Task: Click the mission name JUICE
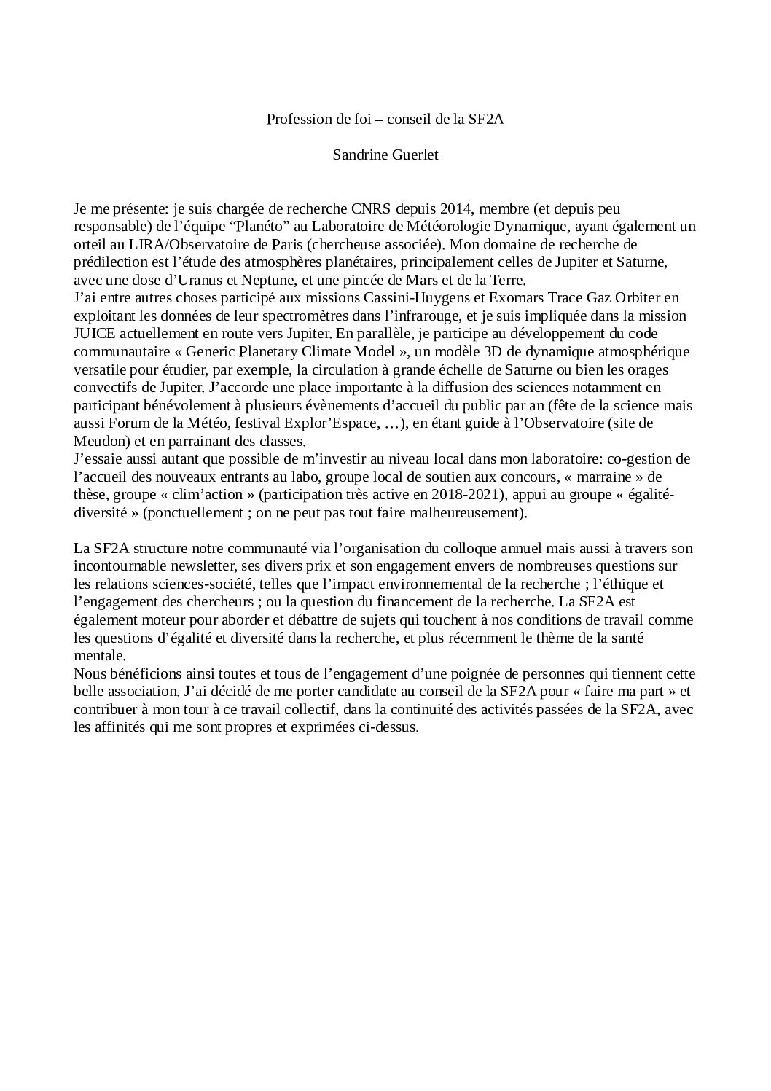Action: tap(93, 334)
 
